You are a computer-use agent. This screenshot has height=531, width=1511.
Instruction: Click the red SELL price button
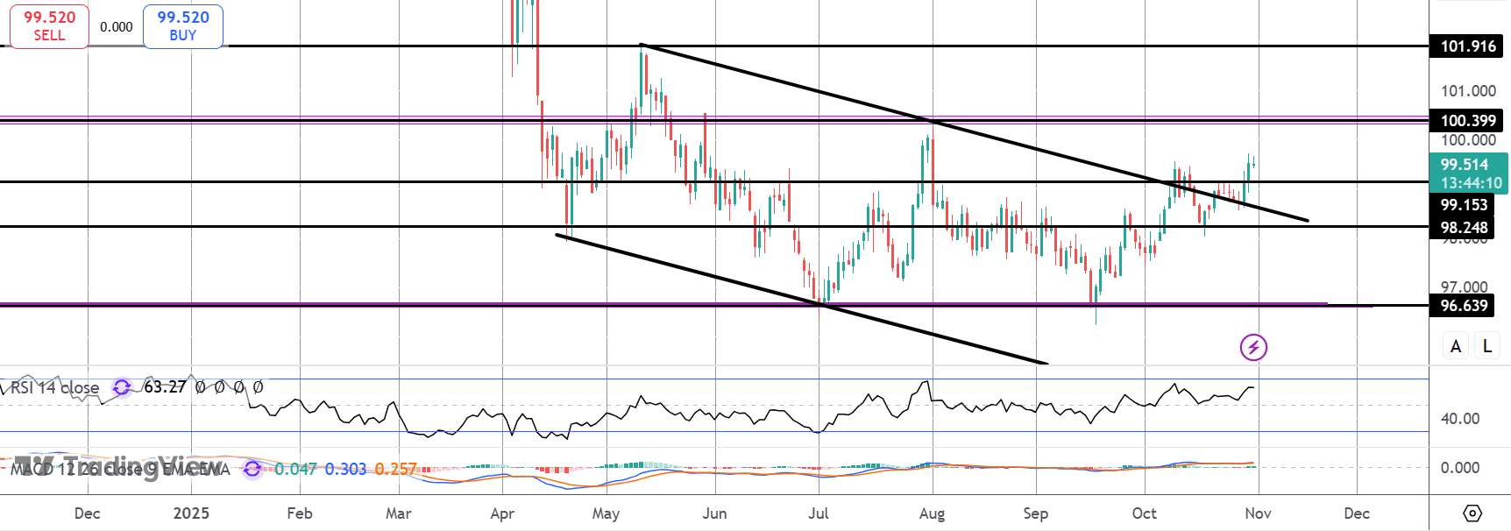point(49,26)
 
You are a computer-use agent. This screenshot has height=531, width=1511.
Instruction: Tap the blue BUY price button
point(182,26)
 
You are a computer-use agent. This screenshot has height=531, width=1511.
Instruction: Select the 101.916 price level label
point(1467,46)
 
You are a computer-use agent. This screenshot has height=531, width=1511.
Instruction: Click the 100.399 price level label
point(1467,121)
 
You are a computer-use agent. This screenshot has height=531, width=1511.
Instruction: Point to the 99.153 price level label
point(1464,205)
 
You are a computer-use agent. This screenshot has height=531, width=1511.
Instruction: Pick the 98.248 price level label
point(1464,228)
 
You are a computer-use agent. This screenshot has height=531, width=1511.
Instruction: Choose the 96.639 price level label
point(1464,306)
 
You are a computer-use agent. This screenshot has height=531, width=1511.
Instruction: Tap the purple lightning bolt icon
point(1253,347)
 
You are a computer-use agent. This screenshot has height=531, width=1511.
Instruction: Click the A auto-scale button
point(1456,346)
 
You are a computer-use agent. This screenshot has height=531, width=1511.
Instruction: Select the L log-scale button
point(1487,346)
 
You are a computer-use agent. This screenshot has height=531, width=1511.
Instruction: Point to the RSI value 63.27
point(165,386)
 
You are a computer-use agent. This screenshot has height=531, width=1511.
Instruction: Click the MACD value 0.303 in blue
point(345,470)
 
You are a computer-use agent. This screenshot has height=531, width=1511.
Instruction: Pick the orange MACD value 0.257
point(395,470)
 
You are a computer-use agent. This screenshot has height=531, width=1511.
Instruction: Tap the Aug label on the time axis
point(932,513)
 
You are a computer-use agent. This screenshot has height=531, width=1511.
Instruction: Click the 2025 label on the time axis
point(191,513)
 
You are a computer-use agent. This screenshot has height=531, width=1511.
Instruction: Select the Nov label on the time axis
point(1258,513)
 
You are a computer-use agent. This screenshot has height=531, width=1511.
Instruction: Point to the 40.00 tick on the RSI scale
point(1460,419)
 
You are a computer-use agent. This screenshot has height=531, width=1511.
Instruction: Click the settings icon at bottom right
point(1472,513)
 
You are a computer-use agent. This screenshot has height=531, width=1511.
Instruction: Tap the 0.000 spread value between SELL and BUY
point(116,27)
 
